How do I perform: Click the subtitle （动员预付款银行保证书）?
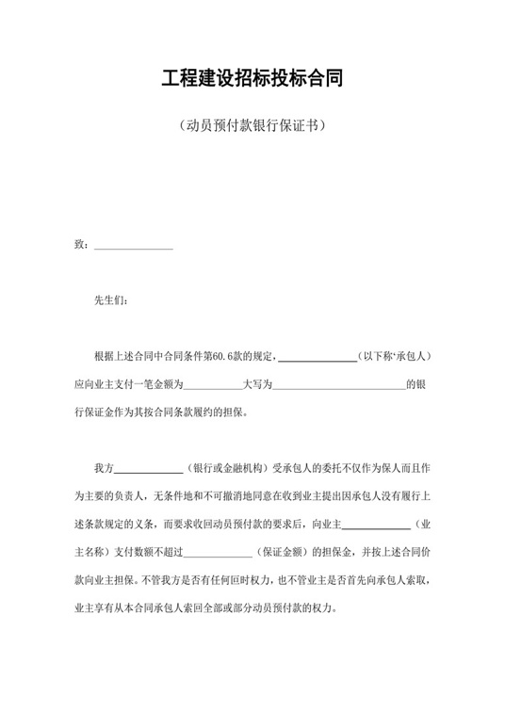click(252, 125)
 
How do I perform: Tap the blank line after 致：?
click(134, 247)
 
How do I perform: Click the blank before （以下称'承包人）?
click(318, 357)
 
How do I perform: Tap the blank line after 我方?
click(148, 468)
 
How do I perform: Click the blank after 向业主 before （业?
click(375, 524)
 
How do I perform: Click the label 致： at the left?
click(81, 247)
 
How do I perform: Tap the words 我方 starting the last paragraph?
click(103, 468)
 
